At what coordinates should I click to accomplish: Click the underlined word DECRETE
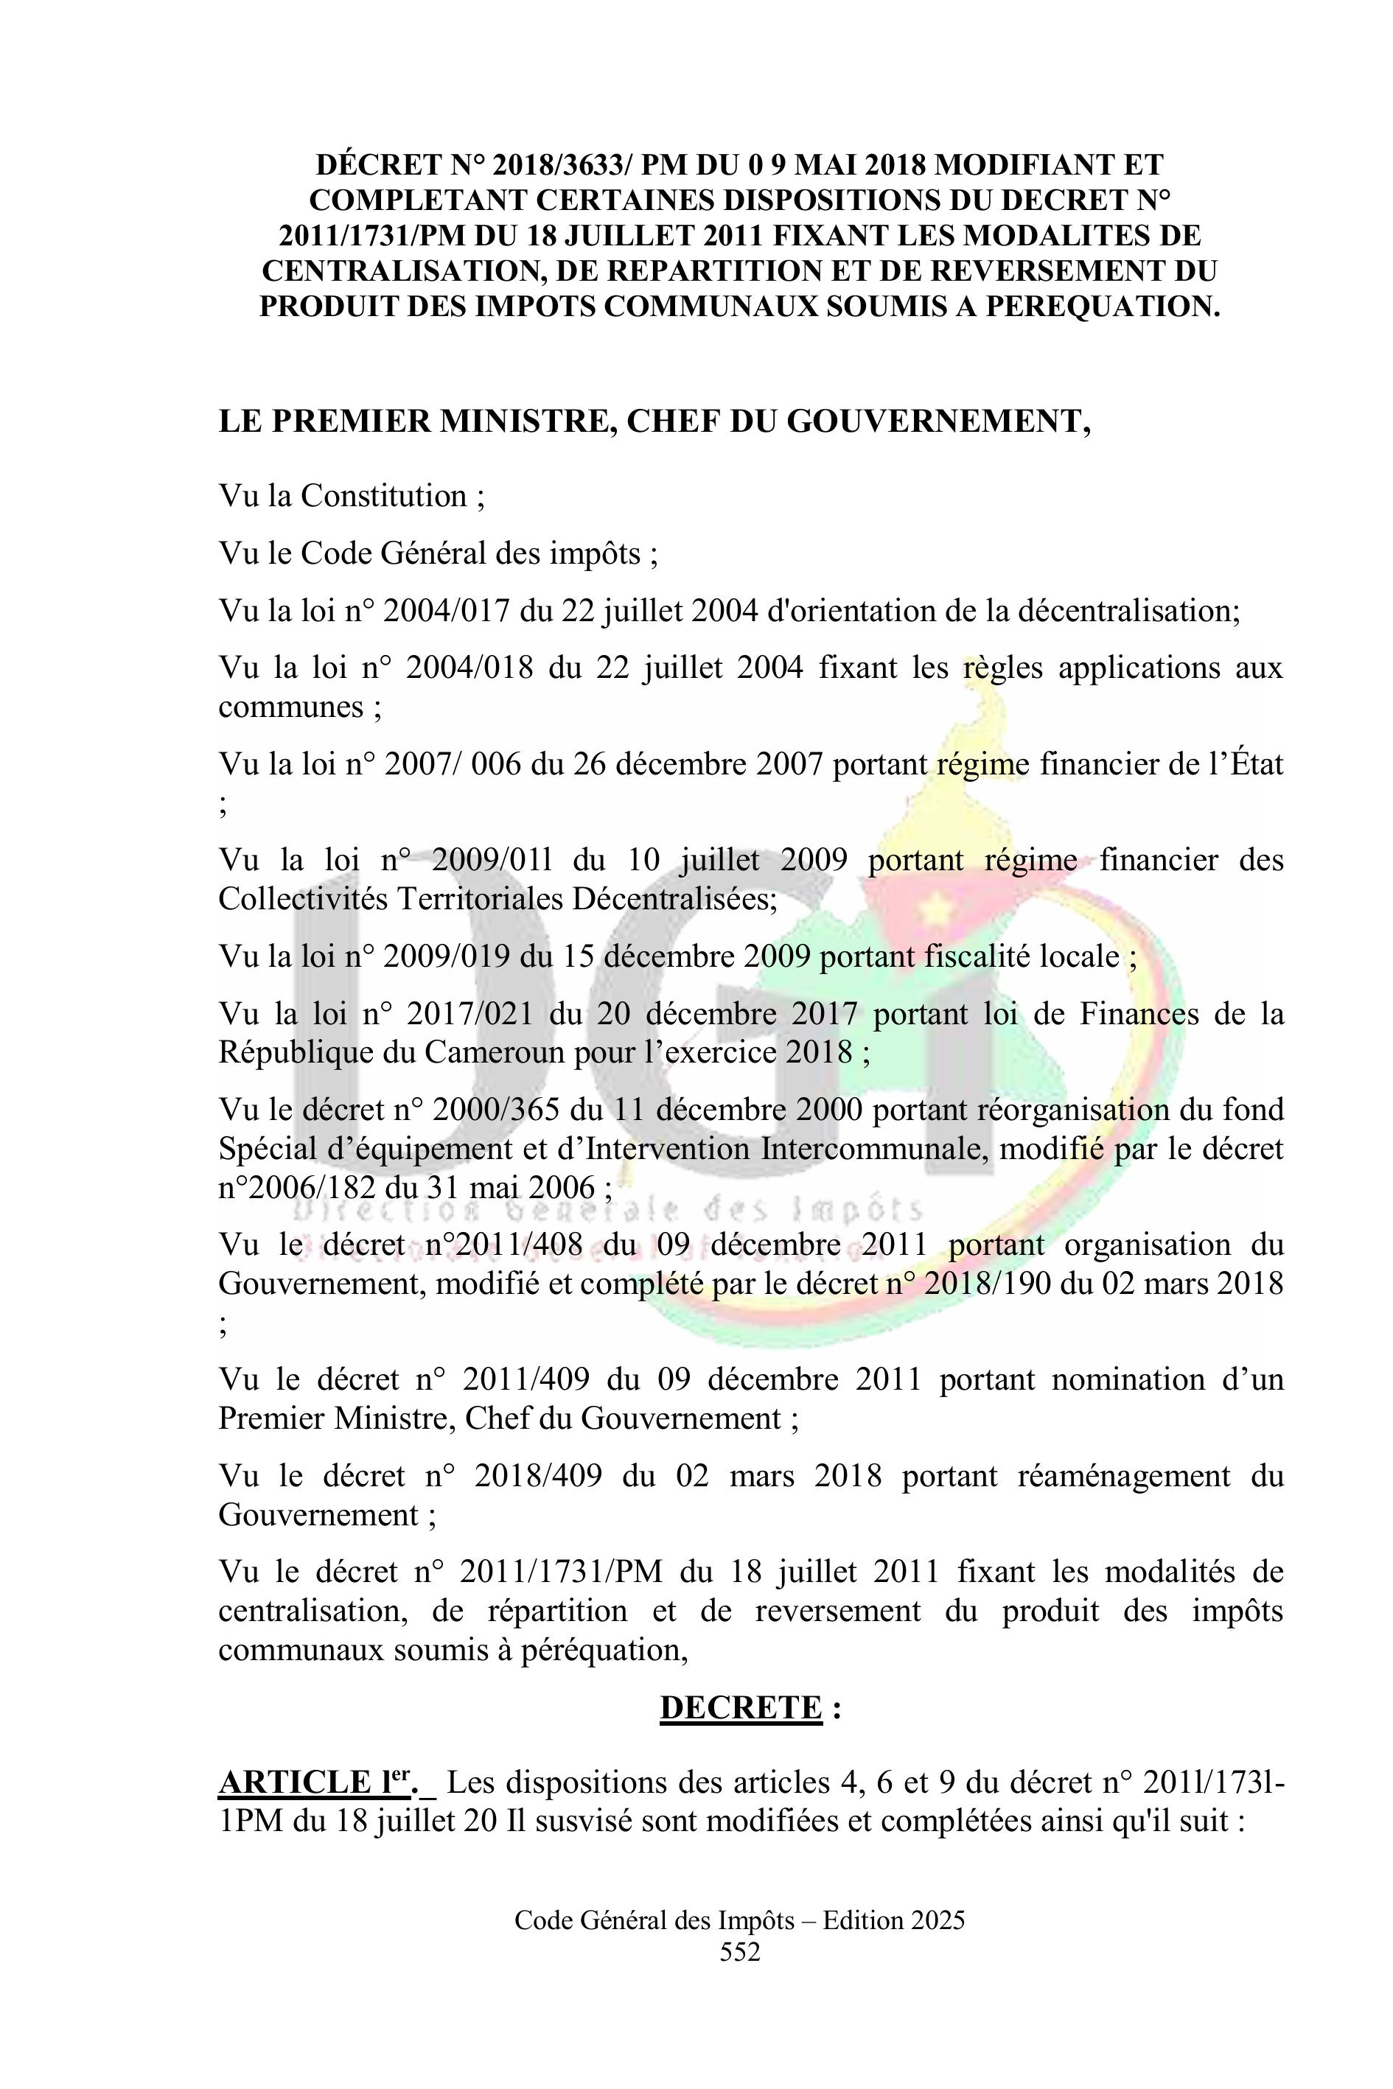point(740,1708)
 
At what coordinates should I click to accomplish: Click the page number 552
point(740,1951)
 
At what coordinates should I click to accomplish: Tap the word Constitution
point(383,496)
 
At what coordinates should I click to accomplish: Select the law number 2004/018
point(469,667)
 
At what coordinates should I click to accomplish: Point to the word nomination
point(1115,1379)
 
